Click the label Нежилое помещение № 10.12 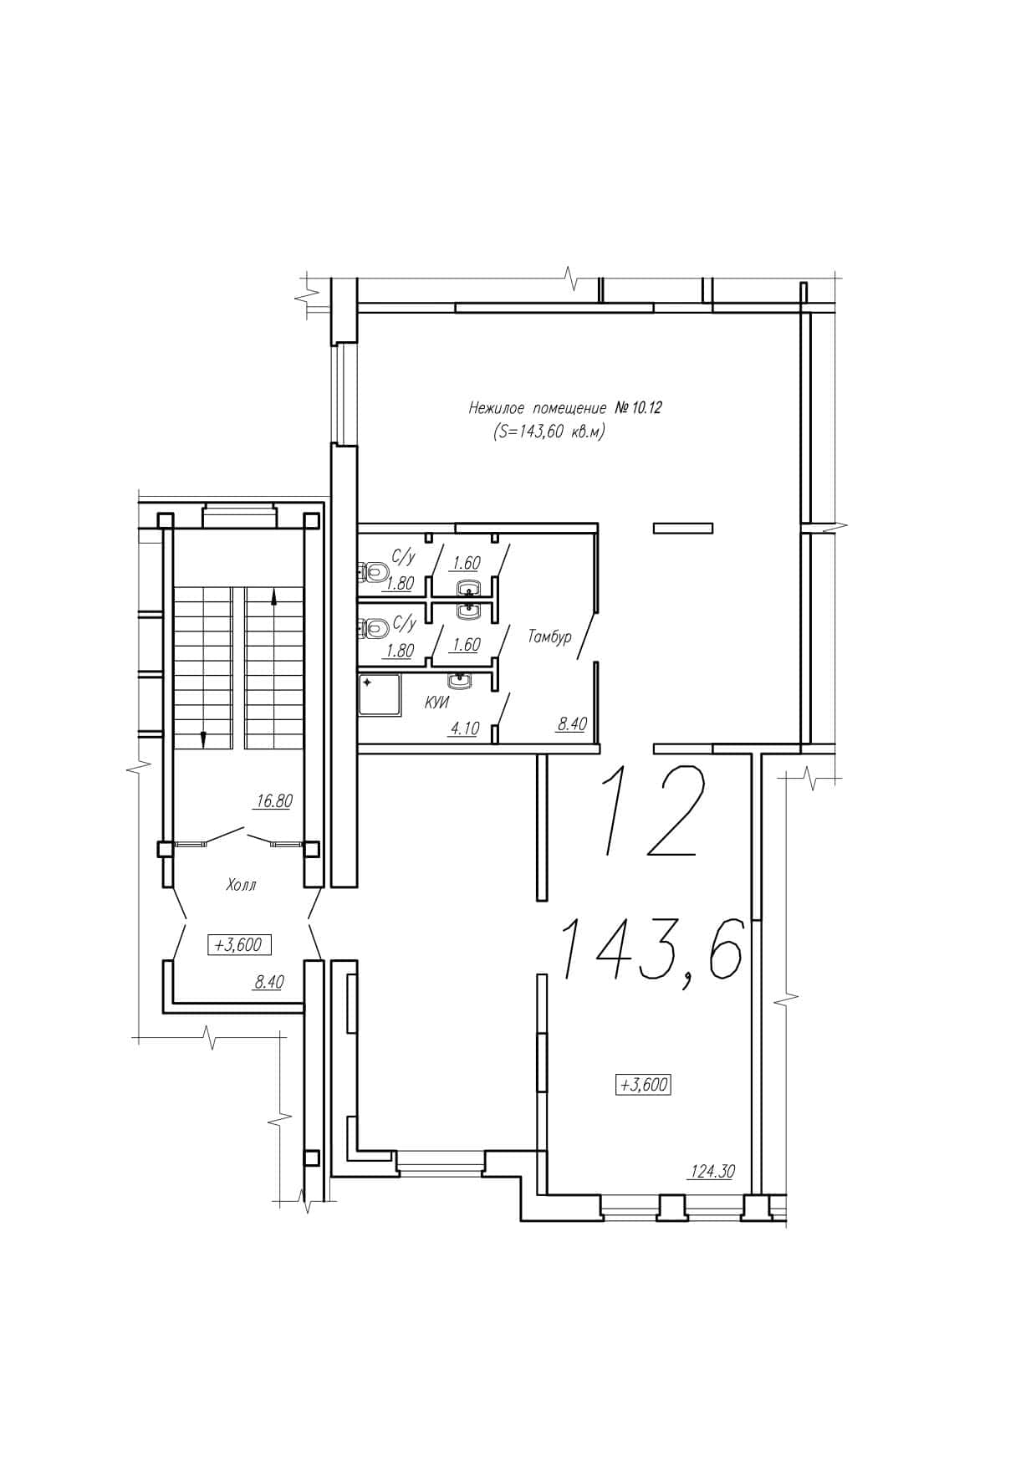tap(559, 409)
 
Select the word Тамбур tap(549, 637)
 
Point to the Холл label tap(241, 885)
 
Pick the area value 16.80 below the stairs tap(273, 801)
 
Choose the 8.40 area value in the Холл tap(268, 983)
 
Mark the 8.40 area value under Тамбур tap(572, 725)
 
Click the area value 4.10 tap(464, 728)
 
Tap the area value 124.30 tap(711, 1172)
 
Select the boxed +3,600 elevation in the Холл tap(239, 945)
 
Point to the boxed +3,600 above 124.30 tap(643, 1085)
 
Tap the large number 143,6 tap(649, 951)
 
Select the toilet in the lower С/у tap(374, 628)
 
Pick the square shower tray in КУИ tap(380, 695)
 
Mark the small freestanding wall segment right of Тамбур tap(683, 528)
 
